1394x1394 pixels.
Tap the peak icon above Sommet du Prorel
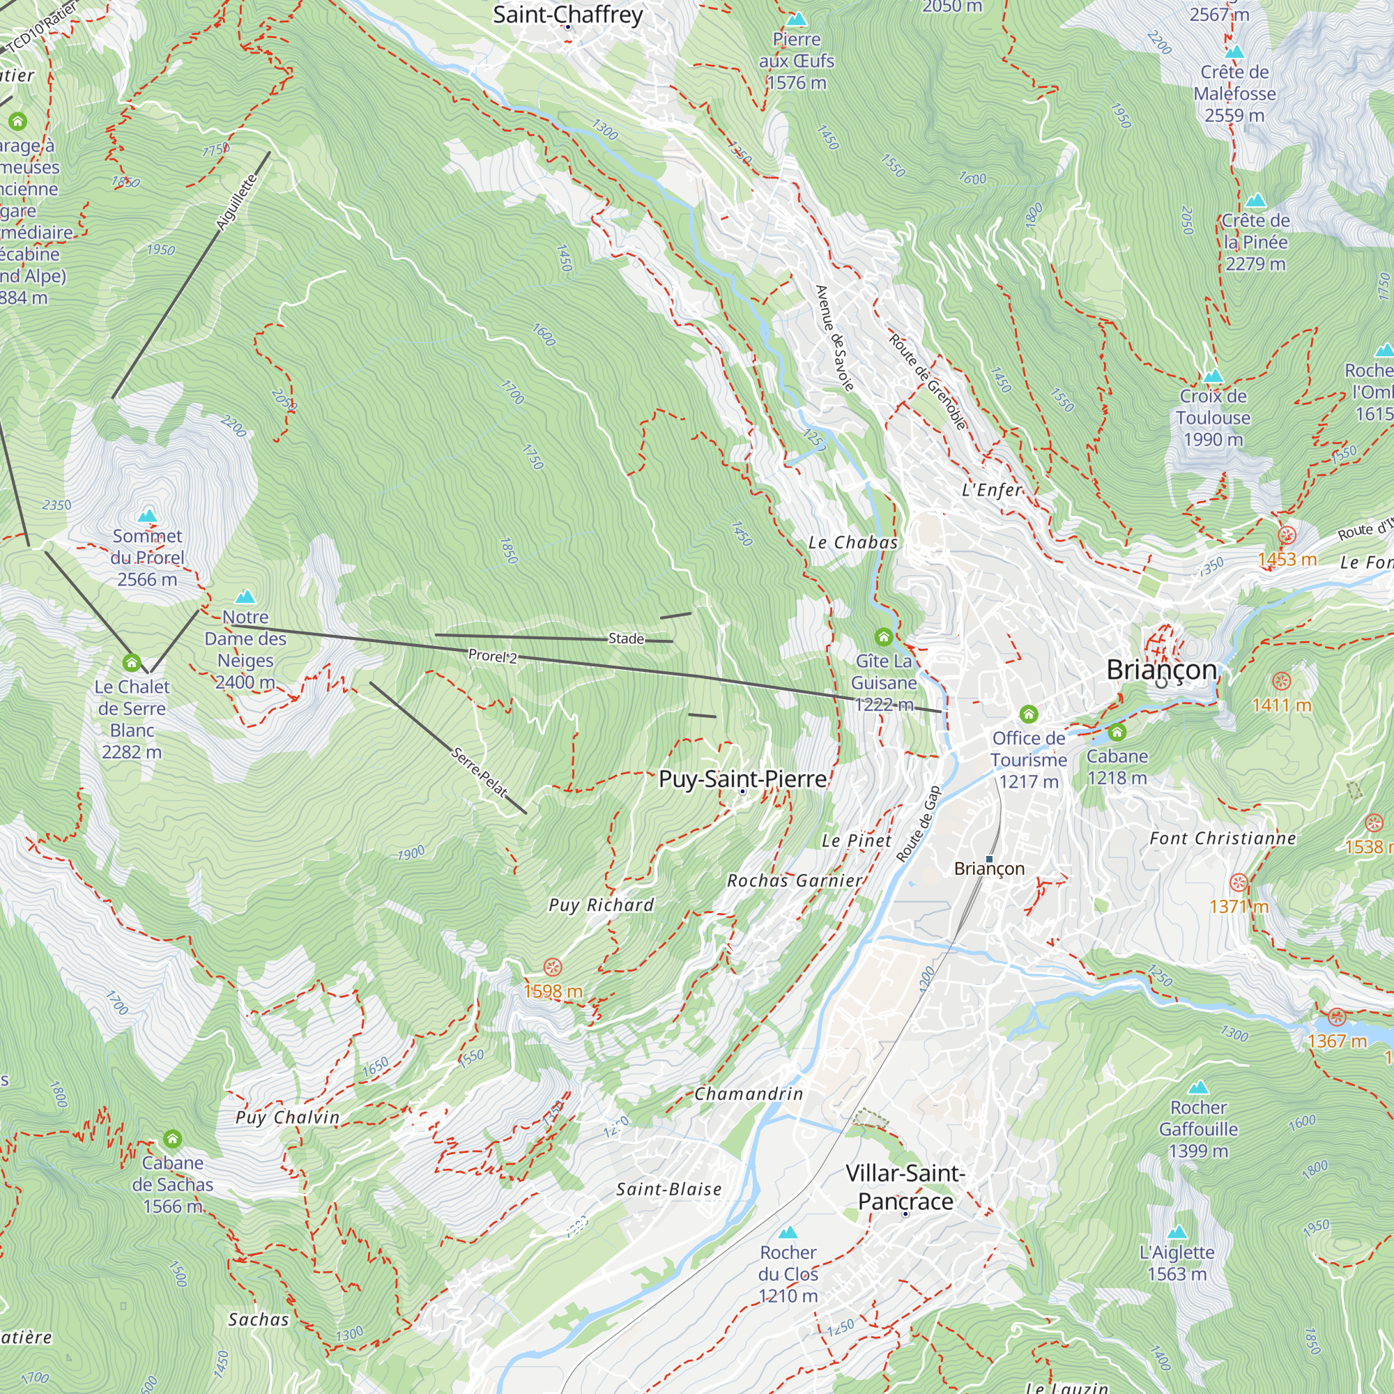(147, 515)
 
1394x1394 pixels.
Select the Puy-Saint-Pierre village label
(742, 779)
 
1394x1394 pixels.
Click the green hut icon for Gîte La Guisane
(883, 636)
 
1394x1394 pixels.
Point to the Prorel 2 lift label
(492, 656)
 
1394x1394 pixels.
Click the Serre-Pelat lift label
(479, 772)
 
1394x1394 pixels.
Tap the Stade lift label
(626, 638)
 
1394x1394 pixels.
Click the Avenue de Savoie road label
(834, 337)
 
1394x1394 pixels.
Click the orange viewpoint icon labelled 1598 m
(552, 967)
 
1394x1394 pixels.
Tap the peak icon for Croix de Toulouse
(1213, 376)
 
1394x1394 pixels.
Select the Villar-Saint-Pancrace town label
(905, 1187)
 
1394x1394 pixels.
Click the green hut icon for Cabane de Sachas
(171, 1139)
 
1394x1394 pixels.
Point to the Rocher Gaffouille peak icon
(1197, 1087)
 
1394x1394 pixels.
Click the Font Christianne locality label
(1223, 838)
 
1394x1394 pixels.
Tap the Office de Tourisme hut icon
(1028, 714)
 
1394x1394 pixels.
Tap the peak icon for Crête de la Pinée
(1255, 200)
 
